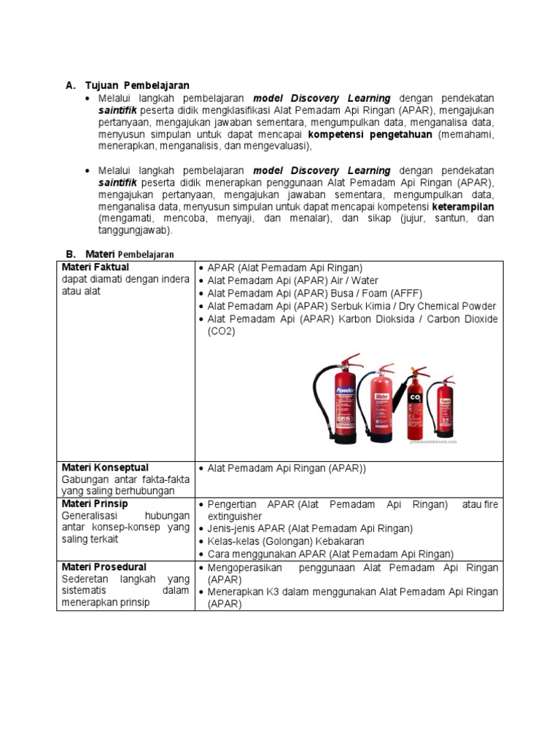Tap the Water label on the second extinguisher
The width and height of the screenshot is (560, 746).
coord(381,397)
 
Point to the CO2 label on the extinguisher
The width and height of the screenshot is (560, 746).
coord(416,398)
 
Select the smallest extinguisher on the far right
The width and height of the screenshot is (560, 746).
coord(444,408)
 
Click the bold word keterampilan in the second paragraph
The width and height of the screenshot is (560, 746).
coord(463,207)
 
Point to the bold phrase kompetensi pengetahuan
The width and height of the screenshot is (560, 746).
coord(370,135)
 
